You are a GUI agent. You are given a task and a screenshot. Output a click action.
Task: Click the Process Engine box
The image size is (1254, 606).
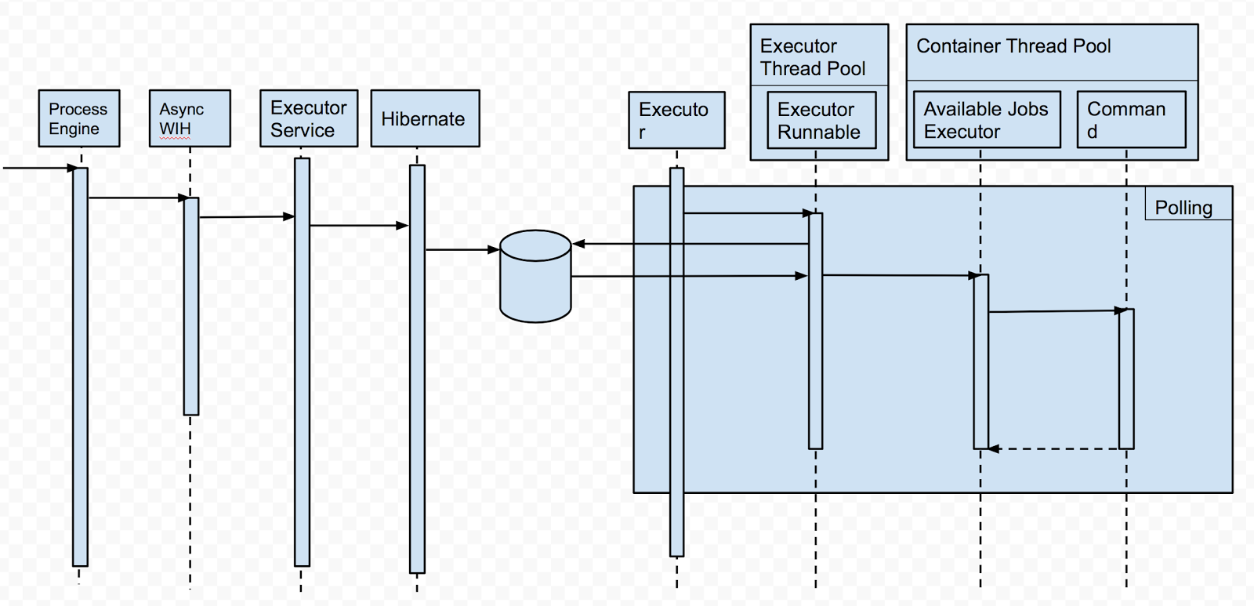(79, 118)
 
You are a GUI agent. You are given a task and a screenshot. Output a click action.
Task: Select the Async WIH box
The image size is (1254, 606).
(190, 118)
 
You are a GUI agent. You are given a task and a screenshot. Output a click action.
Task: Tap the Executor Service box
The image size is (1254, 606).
(309, 118)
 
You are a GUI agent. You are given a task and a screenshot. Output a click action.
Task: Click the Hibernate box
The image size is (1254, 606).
(424, 119)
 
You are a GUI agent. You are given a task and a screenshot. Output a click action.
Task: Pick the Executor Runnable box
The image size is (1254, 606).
(819, 120)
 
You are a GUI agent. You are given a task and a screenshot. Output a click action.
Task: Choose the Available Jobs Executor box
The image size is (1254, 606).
(986, 120)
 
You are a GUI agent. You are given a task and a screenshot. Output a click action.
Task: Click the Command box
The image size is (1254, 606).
(1131, 120)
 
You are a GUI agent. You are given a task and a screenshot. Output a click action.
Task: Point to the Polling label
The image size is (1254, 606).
(1183, 207)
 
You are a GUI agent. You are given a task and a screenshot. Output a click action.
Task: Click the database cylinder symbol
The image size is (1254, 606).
(535, 276)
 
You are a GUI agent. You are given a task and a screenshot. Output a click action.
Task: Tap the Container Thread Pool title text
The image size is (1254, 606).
(1013, 46)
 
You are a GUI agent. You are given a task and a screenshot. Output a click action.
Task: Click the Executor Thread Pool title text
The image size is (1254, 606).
(812, 57)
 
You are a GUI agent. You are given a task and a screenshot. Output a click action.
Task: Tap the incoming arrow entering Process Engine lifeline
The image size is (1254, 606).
(39, 168)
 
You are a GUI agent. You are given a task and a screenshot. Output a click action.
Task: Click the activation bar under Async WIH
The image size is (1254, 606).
(191, 306)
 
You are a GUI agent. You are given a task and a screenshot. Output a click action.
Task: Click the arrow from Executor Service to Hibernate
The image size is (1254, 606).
(358, 226)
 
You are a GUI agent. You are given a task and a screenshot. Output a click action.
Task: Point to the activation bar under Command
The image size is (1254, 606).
(1126, 379)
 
